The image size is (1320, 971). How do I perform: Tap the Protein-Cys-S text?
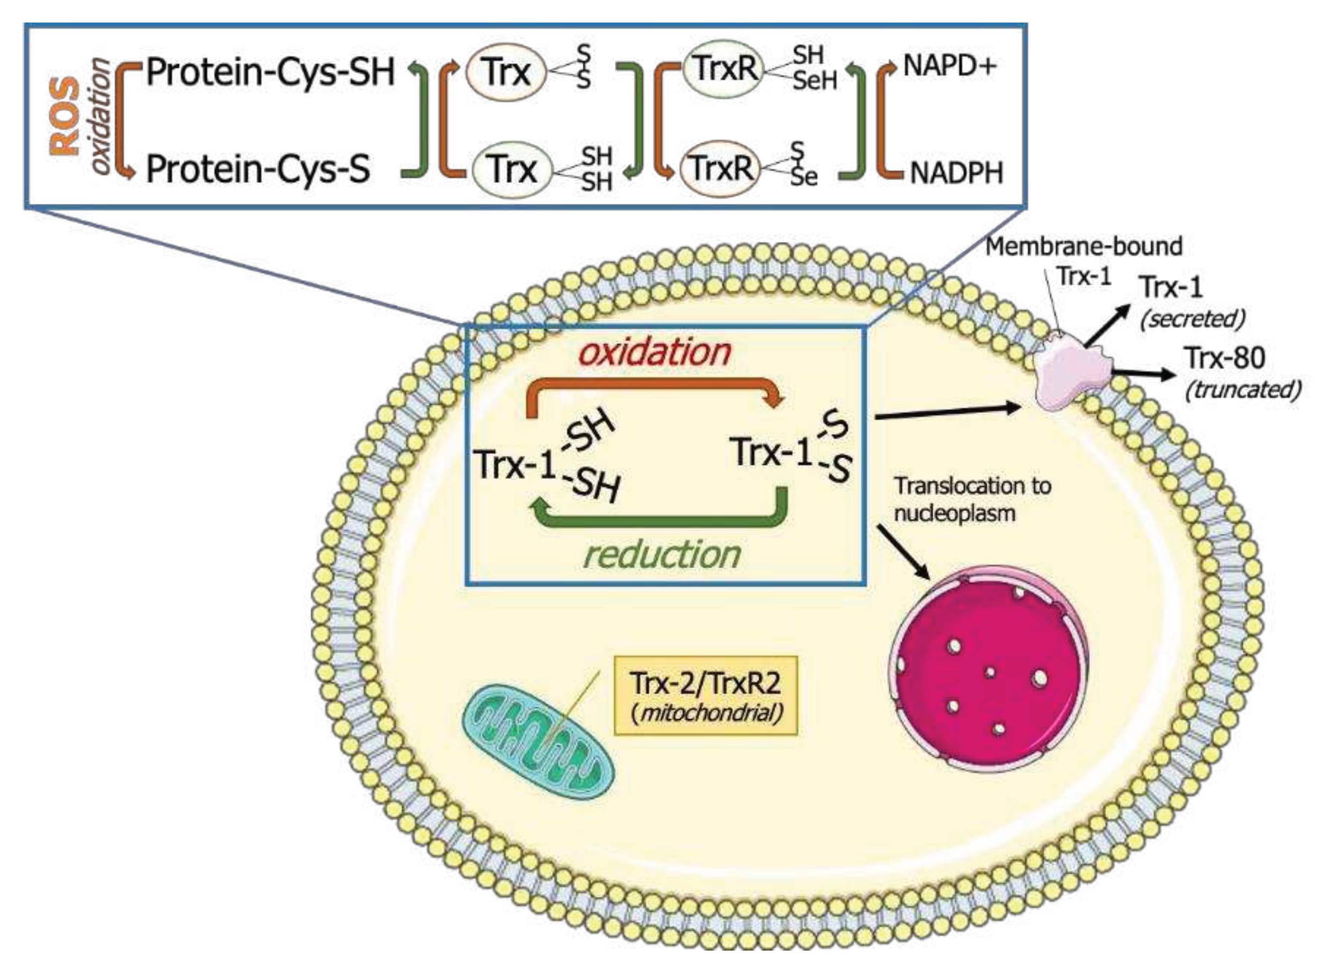click(x=258, y=169)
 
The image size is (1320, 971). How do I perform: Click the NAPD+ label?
click(x=949, y=66)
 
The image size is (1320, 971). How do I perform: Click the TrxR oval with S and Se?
click(x=720, y=168)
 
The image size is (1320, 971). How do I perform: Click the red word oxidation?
click(x=655, y=352)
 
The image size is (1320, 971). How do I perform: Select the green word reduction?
click(x=661, y=555)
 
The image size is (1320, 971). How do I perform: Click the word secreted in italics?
click(x=1192, y=319)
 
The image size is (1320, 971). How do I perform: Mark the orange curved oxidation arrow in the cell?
click(x=652, y=389)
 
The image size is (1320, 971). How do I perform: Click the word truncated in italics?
click(x=1242, y=390)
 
